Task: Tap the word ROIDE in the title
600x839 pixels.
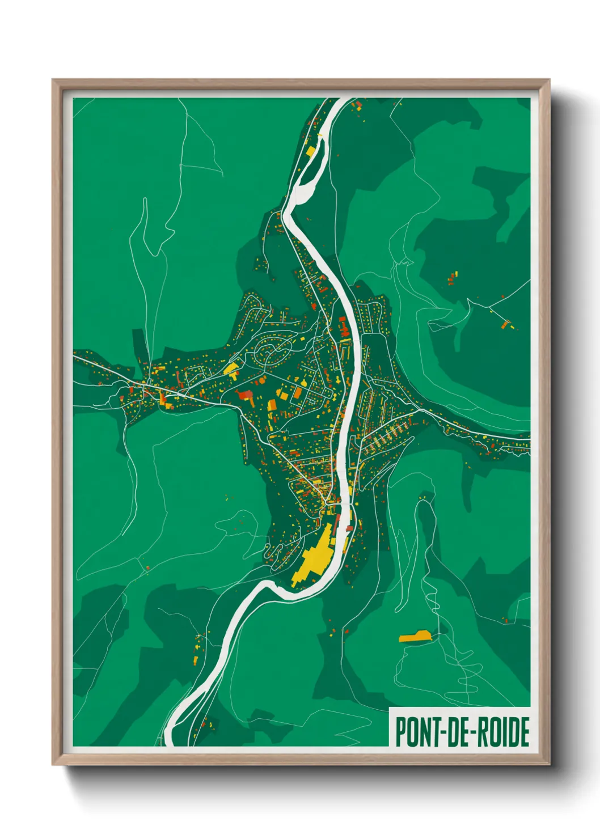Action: [502, 732]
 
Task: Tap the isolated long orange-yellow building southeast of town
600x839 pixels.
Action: [415, 636]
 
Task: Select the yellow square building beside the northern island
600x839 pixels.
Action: [311, 150]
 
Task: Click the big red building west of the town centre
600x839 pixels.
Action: [246, 395]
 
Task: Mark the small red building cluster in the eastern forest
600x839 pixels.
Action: [453, 278]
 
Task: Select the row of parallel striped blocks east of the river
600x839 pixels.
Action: [386, 437]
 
